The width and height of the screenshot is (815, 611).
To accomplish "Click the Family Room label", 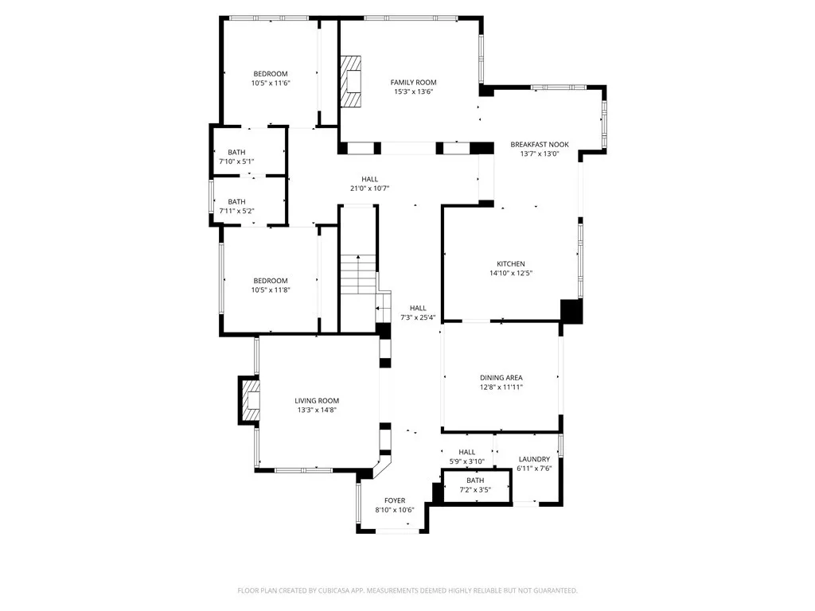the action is coord(413,82).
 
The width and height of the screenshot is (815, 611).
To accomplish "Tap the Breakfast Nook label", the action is coord(540,145).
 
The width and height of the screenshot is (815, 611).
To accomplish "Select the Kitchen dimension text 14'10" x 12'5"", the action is coord(511,274).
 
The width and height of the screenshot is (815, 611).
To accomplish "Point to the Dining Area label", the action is coord(501,378).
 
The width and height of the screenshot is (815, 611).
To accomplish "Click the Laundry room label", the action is coord(534,459).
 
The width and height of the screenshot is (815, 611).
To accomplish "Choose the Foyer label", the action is coord(395,501).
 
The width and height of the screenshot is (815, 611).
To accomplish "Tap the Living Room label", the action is coord(317,401).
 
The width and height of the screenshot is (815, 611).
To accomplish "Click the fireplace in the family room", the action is coord(351,82).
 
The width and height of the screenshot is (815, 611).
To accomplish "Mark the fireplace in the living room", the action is coord(250,399).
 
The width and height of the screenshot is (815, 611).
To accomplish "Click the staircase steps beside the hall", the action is coord(358,274).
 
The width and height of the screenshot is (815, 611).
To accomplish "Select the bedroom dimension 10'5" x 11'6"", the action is coord(271,83).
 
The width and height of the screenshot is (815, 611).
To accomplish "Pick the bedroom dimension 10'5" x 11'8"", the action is coord(271,290).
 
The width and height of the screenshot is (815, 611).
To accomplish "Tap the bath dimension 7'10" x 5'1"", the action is coord(236,162).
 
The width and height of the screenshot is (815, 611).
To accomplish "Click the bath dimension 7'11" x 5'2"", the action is coord(236,211).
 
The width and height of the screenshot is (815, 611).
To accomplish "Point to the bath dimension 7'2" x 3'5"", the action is coord(475,489).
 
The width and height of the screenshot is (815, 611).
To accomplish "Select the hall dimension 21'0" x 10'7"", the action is coord(369,189).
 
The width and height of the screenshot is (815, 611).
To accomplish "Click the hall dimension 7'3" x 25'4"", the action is coord(417,317).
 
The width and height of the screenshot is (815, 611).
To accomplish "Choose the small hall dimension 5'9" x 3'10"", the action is coord(466,461).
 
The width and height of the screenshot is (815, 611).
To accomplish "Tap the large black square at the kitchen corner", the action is coord(571,311).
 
